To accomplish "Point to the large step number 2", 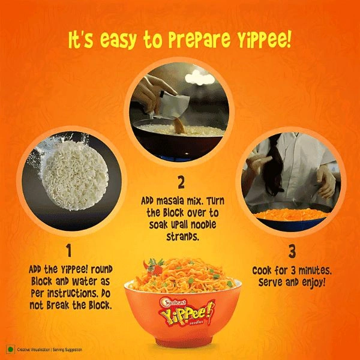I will point(181,181).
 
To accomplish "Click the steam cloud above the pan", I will point(199,76).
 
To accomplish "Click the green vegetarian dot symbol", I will point(10,349).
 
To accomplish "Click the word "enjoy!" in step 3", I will point(311,281).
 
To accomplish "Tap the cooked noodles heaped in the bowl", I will point(183,273).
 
